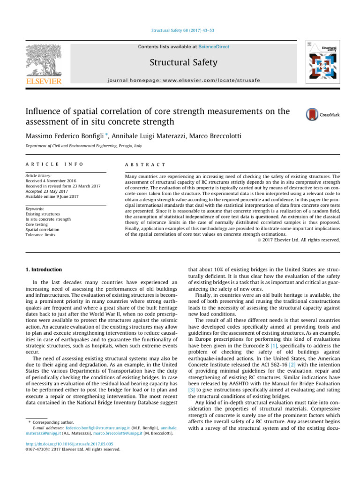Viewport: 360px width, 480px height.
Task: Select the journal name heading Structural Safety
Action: (x=180, y=62)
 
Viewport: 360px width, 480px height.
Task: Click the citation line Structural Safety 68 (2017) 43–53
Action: (x=180, y=31)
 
